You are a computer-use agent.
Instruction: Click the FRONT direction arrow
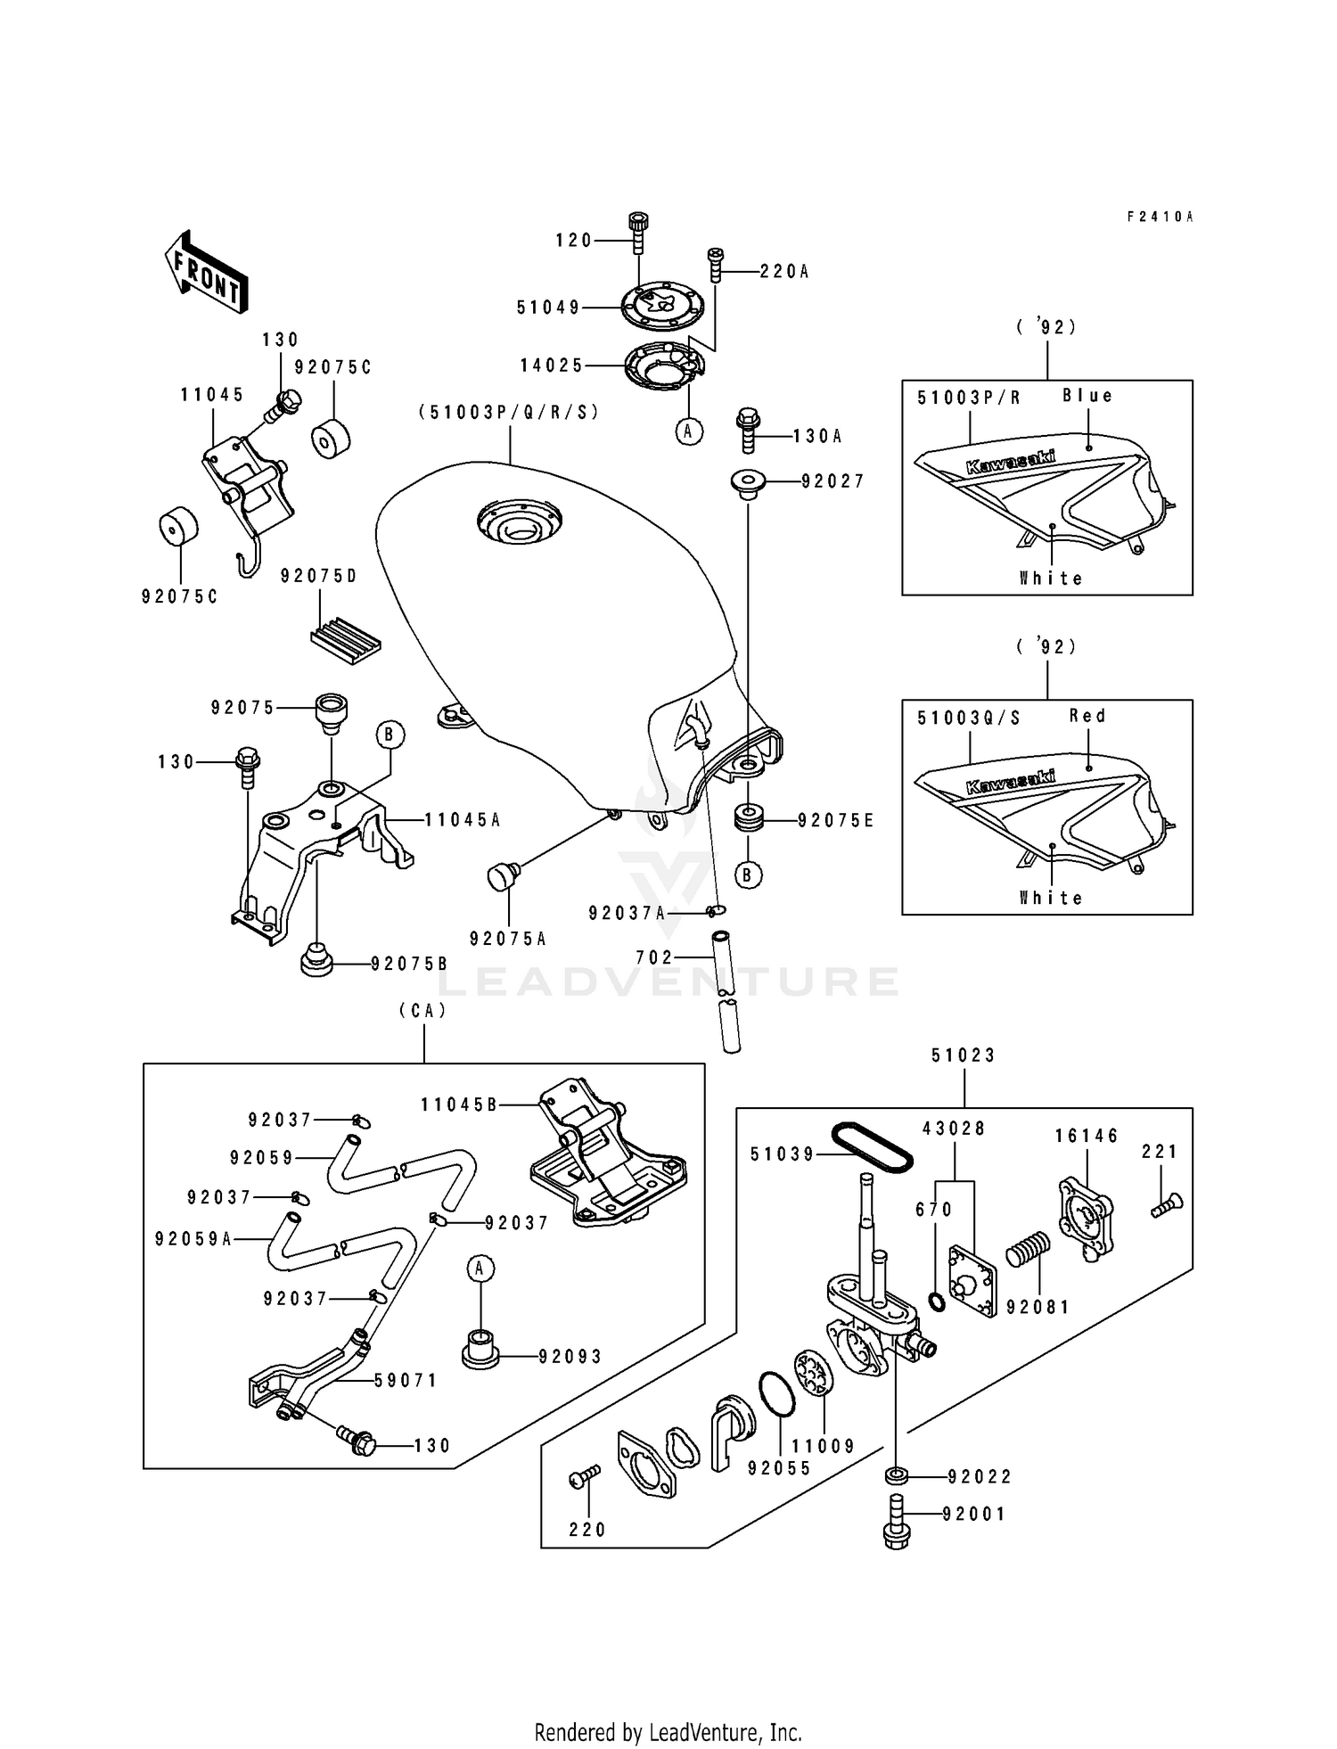(x=206, y=272)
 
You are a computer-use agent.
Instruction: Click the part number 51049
(x=548, y=308)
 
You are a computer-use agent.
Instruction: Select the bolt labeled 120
(x=638, y=234)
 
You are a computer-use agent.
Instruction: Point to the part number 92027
(x=833, y=482)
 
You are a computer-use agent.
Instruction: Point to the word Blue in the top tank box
(x=1087, y=396)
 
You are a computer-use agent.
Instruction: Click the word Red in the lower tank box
(x=1087, y=716)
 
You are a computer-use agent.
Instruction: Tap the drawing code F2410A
(x=1160, y=217)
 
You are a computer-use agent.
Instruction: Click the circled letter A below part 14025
(x=688, y=431)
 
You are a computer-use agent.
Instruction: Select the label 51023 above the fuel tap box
(x=964, y=1055)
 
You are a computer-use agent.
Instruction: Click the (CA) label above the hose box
(x=422, y=1011)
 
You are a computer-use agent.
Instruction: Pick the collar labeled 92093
(x=479, y=1349)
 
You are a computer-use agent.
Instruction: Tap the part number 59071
(x=406, y=1381)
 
